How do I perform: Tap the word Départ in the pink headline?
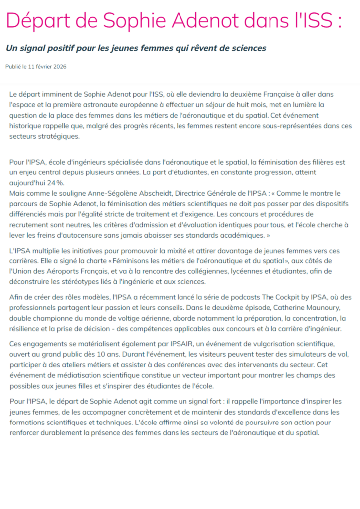tap(34, 21)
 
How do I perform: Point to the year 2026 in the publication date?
tap(60, 66)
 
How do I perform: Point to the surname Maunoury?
tap(319, 308)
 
